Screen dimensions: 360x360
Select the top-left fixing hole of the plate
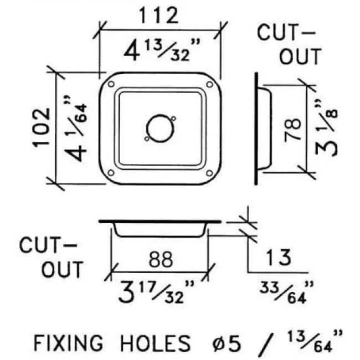pyautogui.click(x=111, y=84)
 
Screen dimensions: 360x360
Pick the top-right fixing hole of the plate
pyautogui.click(x=209, y=84)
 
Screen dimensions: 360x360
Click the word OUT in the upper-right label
pyautogui.click(x=299, y=56)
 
